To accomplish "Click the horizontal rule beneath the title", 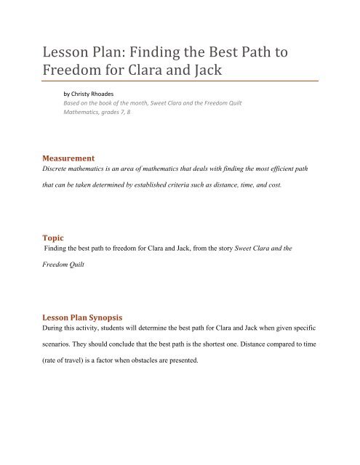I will (180, 78).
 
